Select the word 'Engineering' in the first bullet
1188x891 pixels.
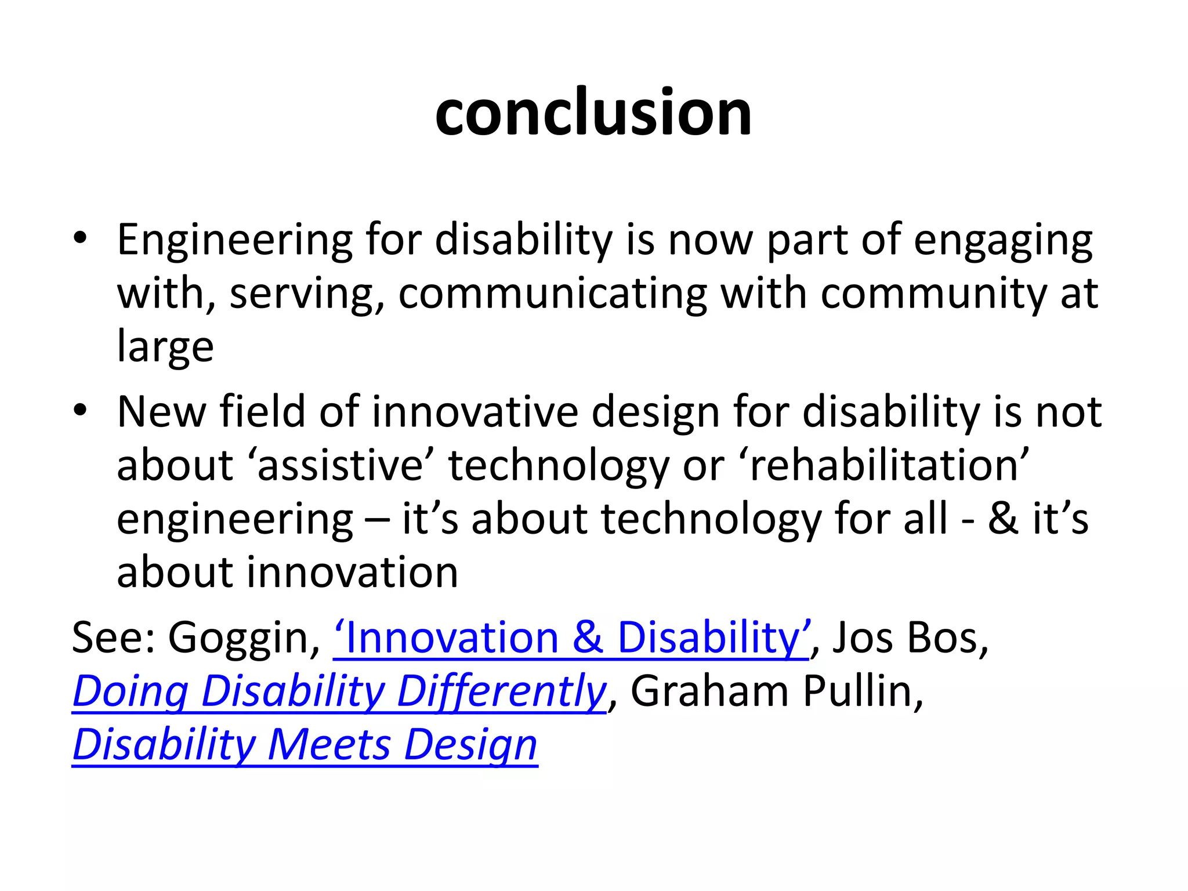pyautogui.click(x=234, y=240)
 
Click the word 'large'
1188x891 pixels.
pyautogui.click(x=165, y=347)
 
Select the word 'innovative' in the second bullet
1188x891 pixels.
pyautogui.click(x=475, y=412)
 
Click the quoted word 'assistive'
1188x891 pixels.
pyautogui.click(x=341, y=465)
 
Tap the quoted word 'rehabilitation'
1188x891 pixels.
pyautogui.click(x=884, y=465)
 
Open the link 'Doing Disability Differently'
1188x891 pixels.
pyautogui.click(x=339, y=691)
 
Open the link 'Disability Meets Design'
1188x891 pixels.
pyautogui.click(x=305, y=745)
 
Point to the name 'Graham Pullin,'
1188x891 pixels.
pyautogui.click(x=777, y=691)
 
